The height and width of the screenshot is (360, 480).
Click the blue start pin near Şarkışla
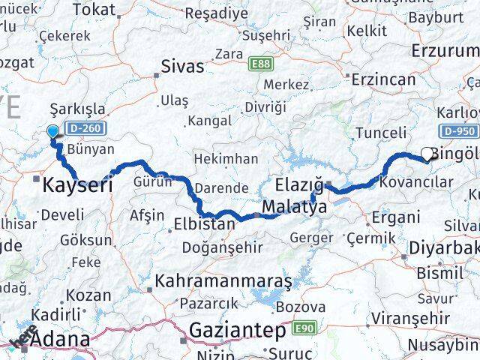(x=52, y=132)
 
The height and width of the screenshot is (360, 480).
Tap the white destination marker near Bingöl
(x=427, y=154)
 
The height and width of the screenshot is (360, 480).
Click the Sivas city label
(x=184, y=66)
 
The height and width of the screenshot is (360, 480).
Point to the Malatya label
(x=295, y=207)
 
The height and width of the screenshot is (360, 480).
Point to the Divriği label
(x=266, y=106)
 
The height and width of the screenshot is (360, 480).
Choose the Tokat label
(x=94, y=10)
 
